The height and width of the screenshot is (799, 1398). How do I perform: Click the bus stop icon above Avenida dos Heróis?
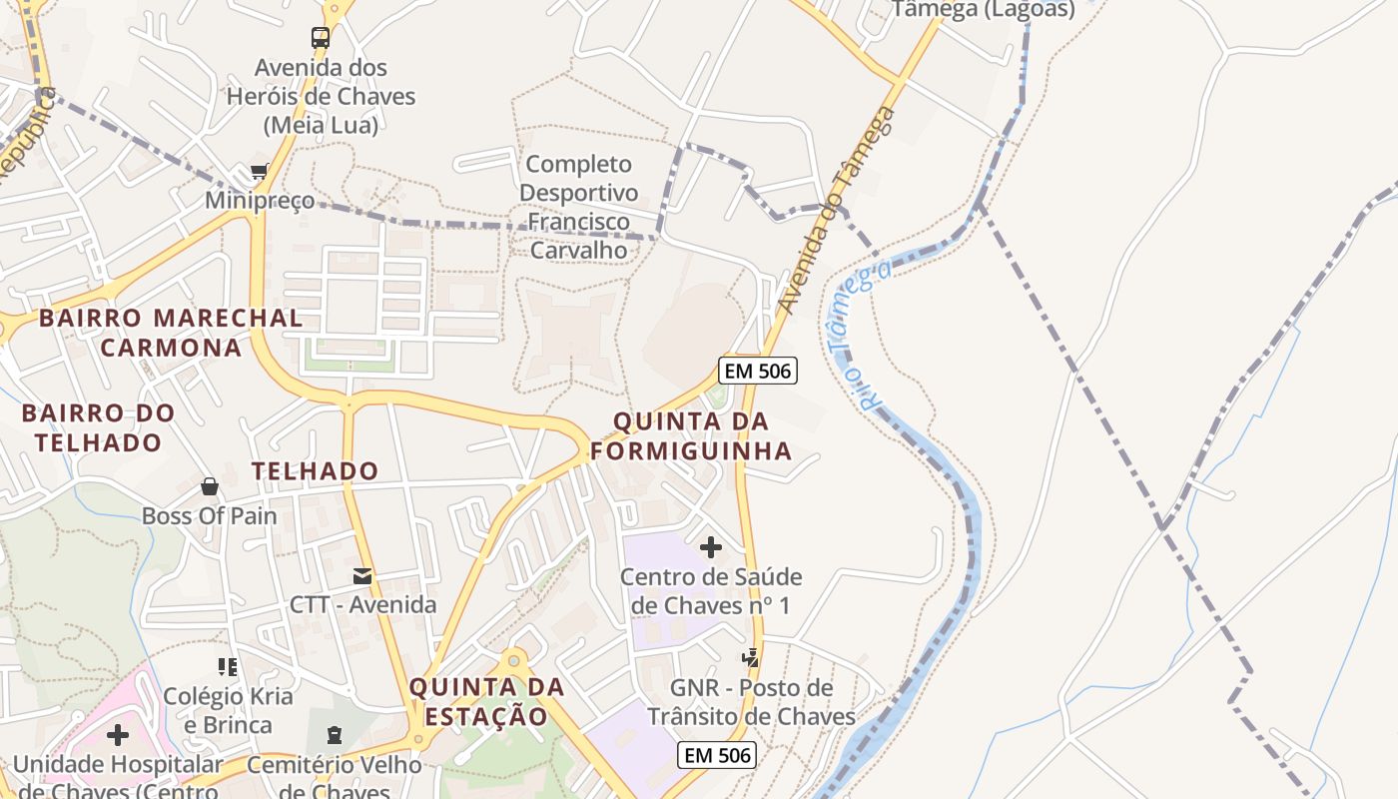coord(320,38)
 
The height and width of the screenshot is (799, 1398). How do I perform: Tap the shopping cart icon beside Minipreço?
coord(260,172)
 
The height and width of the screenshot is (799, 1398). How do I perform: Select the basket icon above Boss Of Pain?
coord(210,486)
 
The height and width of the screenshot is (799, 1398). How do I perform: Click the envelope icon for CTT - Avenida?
coord(362,576)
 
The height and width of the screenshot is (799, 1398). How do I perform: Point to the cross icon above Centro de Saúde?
coord(711,547)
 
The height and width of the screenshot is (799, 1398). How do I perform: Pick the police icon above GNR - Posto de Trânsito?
coord(751,657)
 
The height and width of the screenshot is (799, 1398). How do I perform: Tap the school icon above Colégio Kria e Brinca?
coord(228,666)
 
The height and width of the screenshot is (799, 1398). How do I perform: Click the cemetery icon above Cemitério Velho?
coord(334,736)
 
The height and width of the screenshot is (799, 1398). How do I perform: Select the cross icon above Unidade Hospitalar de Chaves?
coord(118,735)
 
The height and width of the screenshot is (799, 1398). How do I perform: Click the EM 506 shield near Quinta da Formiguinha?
coord(758,372)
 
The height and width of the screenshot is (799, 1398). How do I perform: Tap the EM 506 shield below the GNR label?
coord(716,755)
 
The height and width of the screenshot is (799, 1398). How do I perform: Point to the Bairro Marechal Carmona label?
coord(171,333)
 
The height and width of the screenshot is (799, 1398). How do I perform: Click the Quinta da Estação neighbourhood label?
coord(486,701)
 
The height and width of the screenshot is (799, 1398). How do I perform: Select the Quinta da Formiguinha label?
coord(691,436)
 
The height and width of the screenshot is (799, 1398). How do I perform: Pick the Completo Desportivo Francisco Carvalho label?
coord(579,207)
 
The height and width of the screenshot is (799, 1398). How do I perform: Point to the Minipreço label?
coord(260,201)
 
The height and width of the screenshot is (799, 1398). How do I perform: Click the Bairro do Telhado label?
coord(98,426)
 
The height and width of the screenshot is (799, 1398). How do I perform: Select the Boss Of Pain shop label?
coord(210,516)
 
